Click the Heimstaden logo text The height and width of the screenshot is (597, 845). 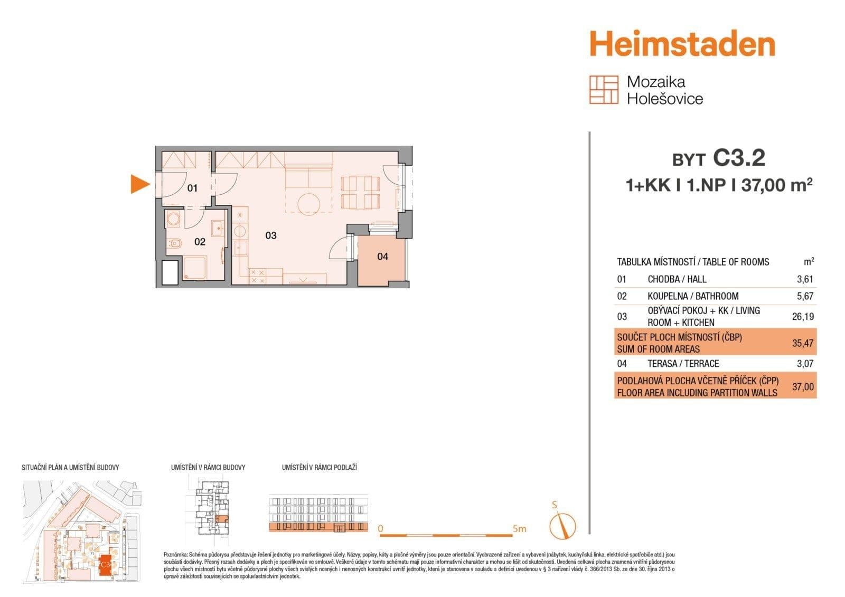click(x=682, y=44)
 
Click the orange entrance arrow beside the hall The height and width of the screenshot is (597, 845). click(x=139, y=184)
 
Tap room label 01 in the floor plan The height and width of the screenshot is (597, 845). click(x=192, y=188)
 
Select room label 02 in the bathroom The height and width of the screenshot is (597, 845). click(x=200, y=242)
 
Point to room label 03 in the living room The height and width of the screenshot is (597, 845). click(x=270, y=235)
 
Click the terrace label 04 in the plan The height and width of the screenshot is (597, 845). click(x=382, y=257)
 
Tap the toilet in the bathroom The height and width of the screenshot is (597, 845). click(x=174, y=243)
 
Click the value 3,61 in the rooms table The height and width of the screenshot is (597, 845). click(x=805, y=279)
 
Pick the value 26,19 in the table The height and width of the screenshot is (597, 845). click(x=803, y=317)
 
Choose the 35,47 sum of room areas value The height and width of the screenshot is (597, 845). click(x=803, y=343)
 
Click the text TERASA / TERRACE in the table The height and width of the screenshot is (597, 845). click(x=683, y=364)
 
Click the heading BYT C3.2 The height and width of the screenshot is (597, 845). click(x=718, y=158)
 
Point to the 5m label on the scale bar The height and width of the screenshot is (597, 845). click(x=519, y=528)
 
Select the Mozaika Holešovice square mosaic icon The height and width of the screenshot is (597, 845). click(x=604, y=90)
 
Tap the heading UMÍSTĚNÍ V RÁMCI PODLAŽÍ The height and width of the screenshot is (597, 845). click(x=319, y=468)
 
